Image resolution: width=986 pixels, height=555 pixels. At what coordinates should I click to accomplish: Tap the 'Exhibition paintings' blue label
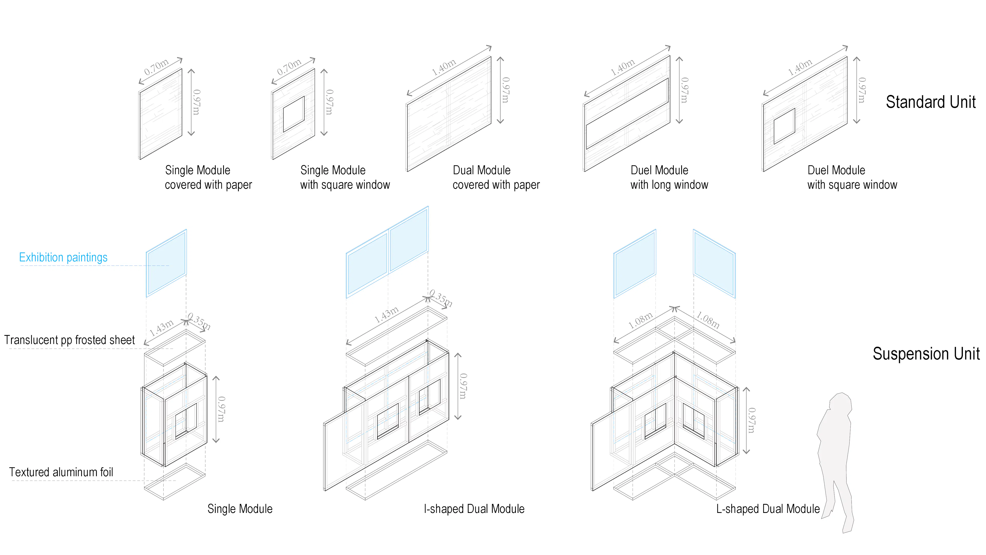click(x=63, y=257)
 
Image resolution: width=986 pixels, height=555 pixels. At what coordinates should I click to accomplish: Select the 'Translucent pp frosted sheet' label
click(x=69, y=340)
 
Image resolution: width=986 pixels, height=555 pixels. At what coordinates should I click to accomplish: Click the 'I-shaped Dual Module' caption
click(x=474, y=509)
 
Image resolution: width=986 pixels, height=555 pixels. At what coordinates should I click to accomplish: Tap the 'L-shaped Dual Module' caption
click(x=768, y=509)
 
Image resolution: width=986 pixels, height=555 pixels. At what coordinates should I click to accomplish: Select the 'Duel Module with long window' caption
click(x=669, y=177)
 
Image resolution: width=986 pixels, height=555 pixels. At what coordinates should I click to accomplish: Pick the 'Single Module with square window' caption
click(x=345, y=177)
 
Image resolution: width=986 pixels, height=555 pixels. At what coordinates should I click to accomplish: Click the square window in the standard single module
click(x=293, y=114)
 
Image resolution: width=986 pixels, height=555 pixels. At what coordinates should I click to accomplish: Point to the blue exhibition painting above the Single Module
click(x=166, y=263)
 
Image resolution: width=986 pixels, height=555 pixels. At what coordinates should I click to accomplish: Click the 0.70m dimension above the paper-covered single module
click(x=156, y=67)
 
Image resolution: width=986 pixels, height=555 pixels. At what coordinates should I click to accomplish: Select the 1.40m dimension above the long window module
click(x=622, y=67)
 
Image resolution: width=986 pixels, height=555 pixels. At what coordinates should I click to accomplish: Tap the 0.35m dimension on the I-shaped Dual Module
click(x=441, y=298)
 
